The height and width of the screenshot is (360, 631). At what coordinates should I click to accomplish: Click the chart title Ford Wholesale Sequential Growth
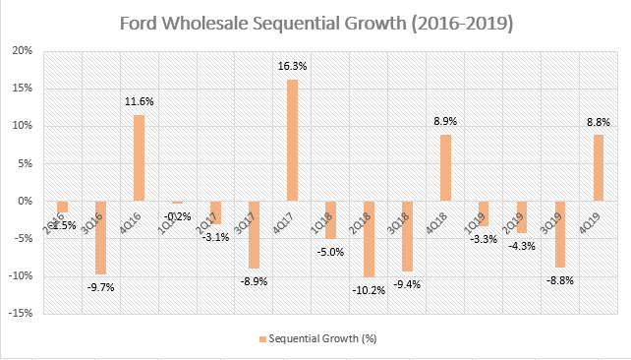coord(315,23)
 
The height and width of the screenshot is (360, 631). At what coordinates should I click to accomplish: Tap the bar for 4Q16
coord(139,157)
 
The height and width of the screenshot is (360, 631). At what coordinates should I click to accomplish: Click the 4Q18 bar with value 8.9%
coord(445,167)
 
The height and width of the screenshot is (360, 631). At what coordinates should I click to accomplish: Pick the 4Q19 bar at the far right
coord(599,168)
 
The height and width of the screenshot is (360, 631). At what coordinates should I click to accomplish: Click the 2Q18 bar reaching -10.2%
coord(369,239)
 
